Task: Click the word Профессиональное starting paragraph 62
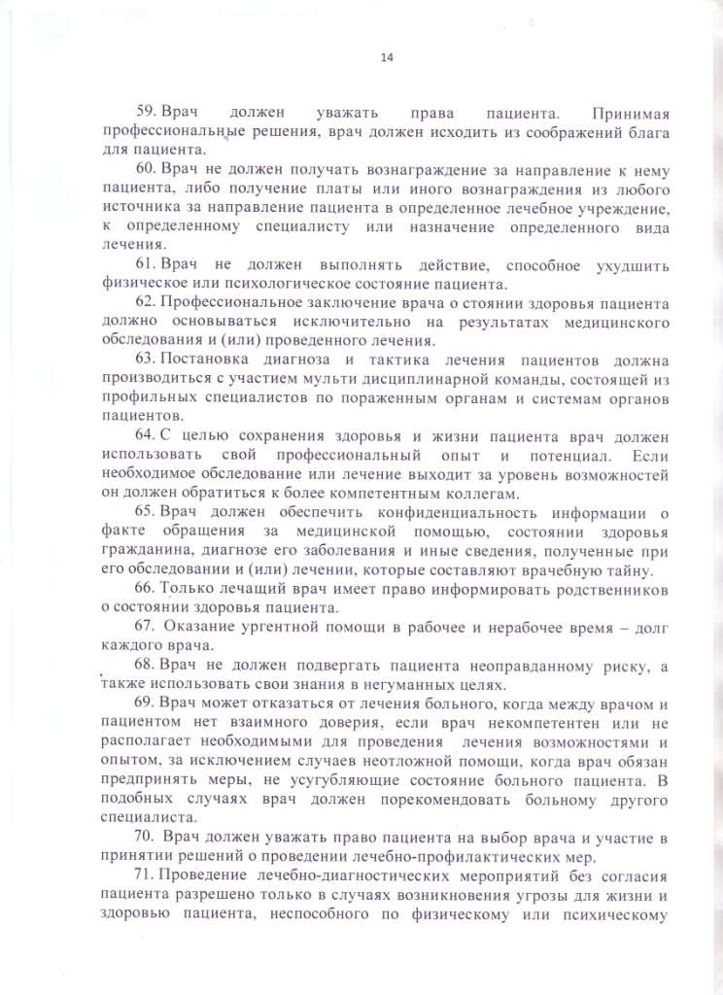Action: click(232, 301)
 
